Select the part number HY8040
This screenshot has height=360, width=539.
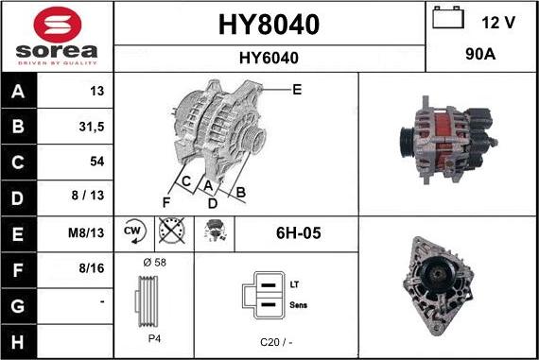pyautogui.click(x=269, y=24)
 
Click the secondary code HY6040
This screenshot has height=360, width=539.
pyautogui.click(x=269, y=58)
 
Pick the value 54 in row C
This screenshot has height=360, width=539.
pyautogui.click(x=96, y=162)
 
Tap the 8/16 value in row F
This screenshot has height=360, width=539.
pyautogui.click(x=92, y=269)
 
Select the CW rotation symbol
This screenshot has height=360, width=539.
pyautogui.click(x=133, y=232)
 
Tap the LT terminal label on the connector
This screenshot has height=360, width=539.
pyautogui.click(x=295, y=283)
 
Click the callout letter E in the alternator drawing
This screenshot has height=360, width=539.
pyautogui.click(x=296, y=90)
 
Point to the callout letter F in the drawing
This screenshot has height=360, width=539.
pyautogui.click(x=165, y=201)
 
